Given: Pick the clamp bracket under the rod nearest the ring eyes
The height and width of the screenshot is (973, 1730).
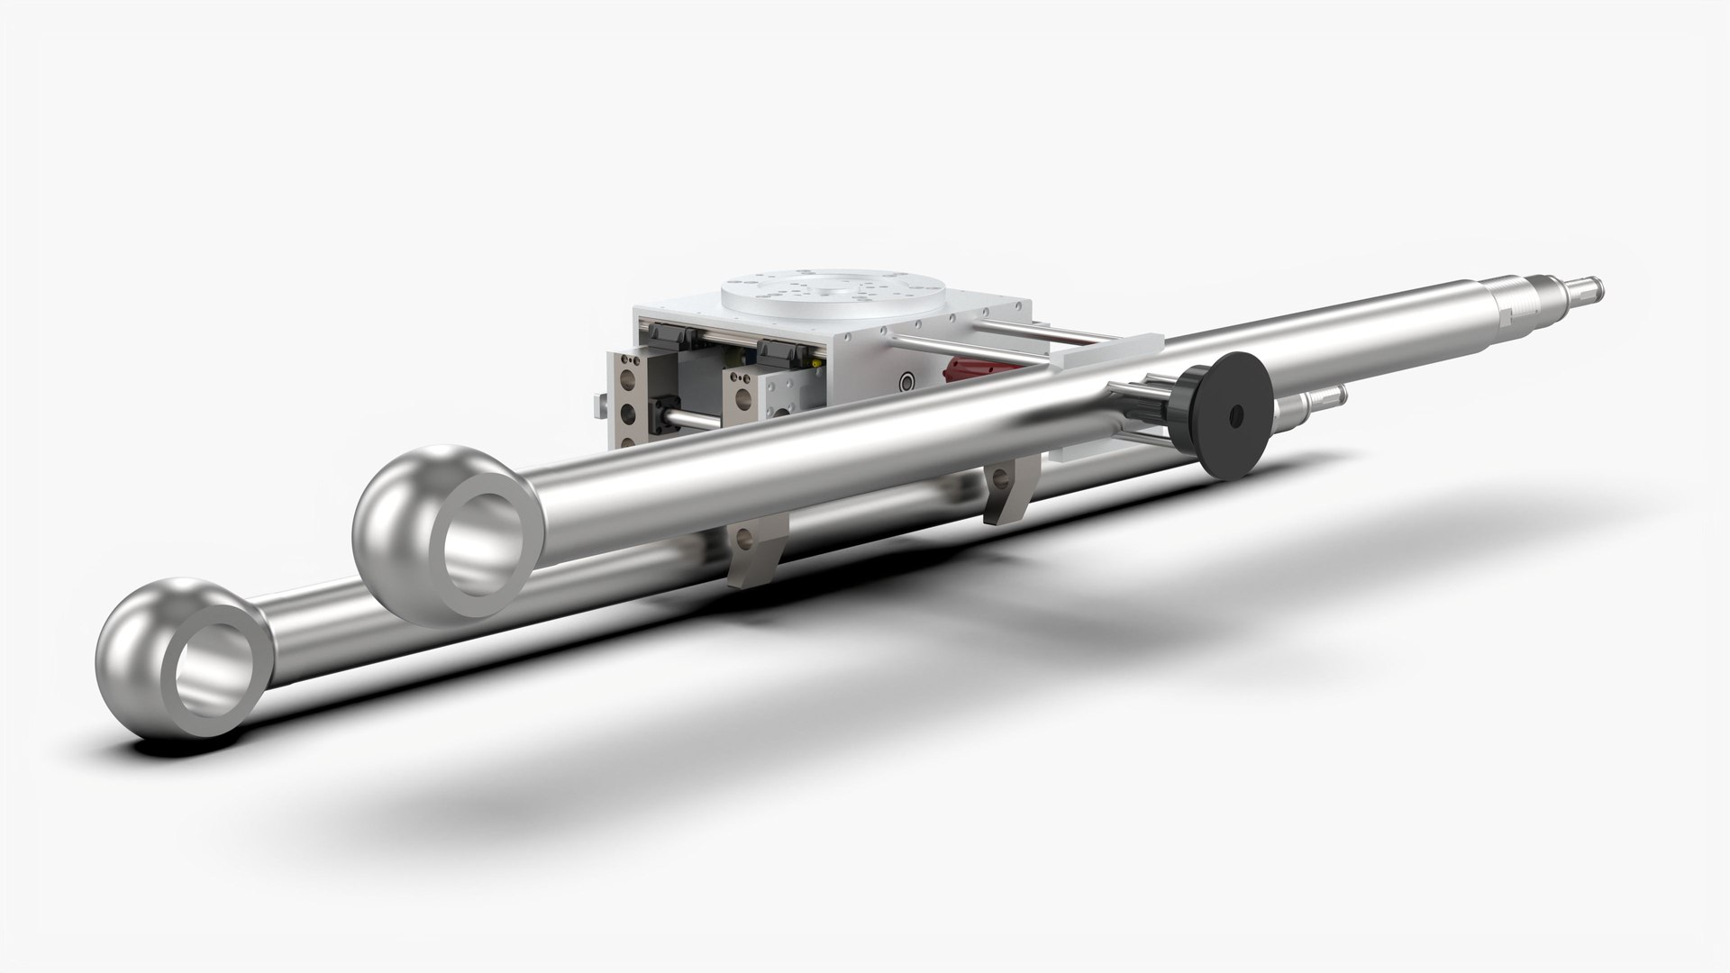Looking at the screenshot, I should tap(748, 550).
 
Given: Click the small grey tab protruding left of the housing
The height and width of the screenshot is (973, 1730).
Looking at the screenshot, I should tap(600, 406).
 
